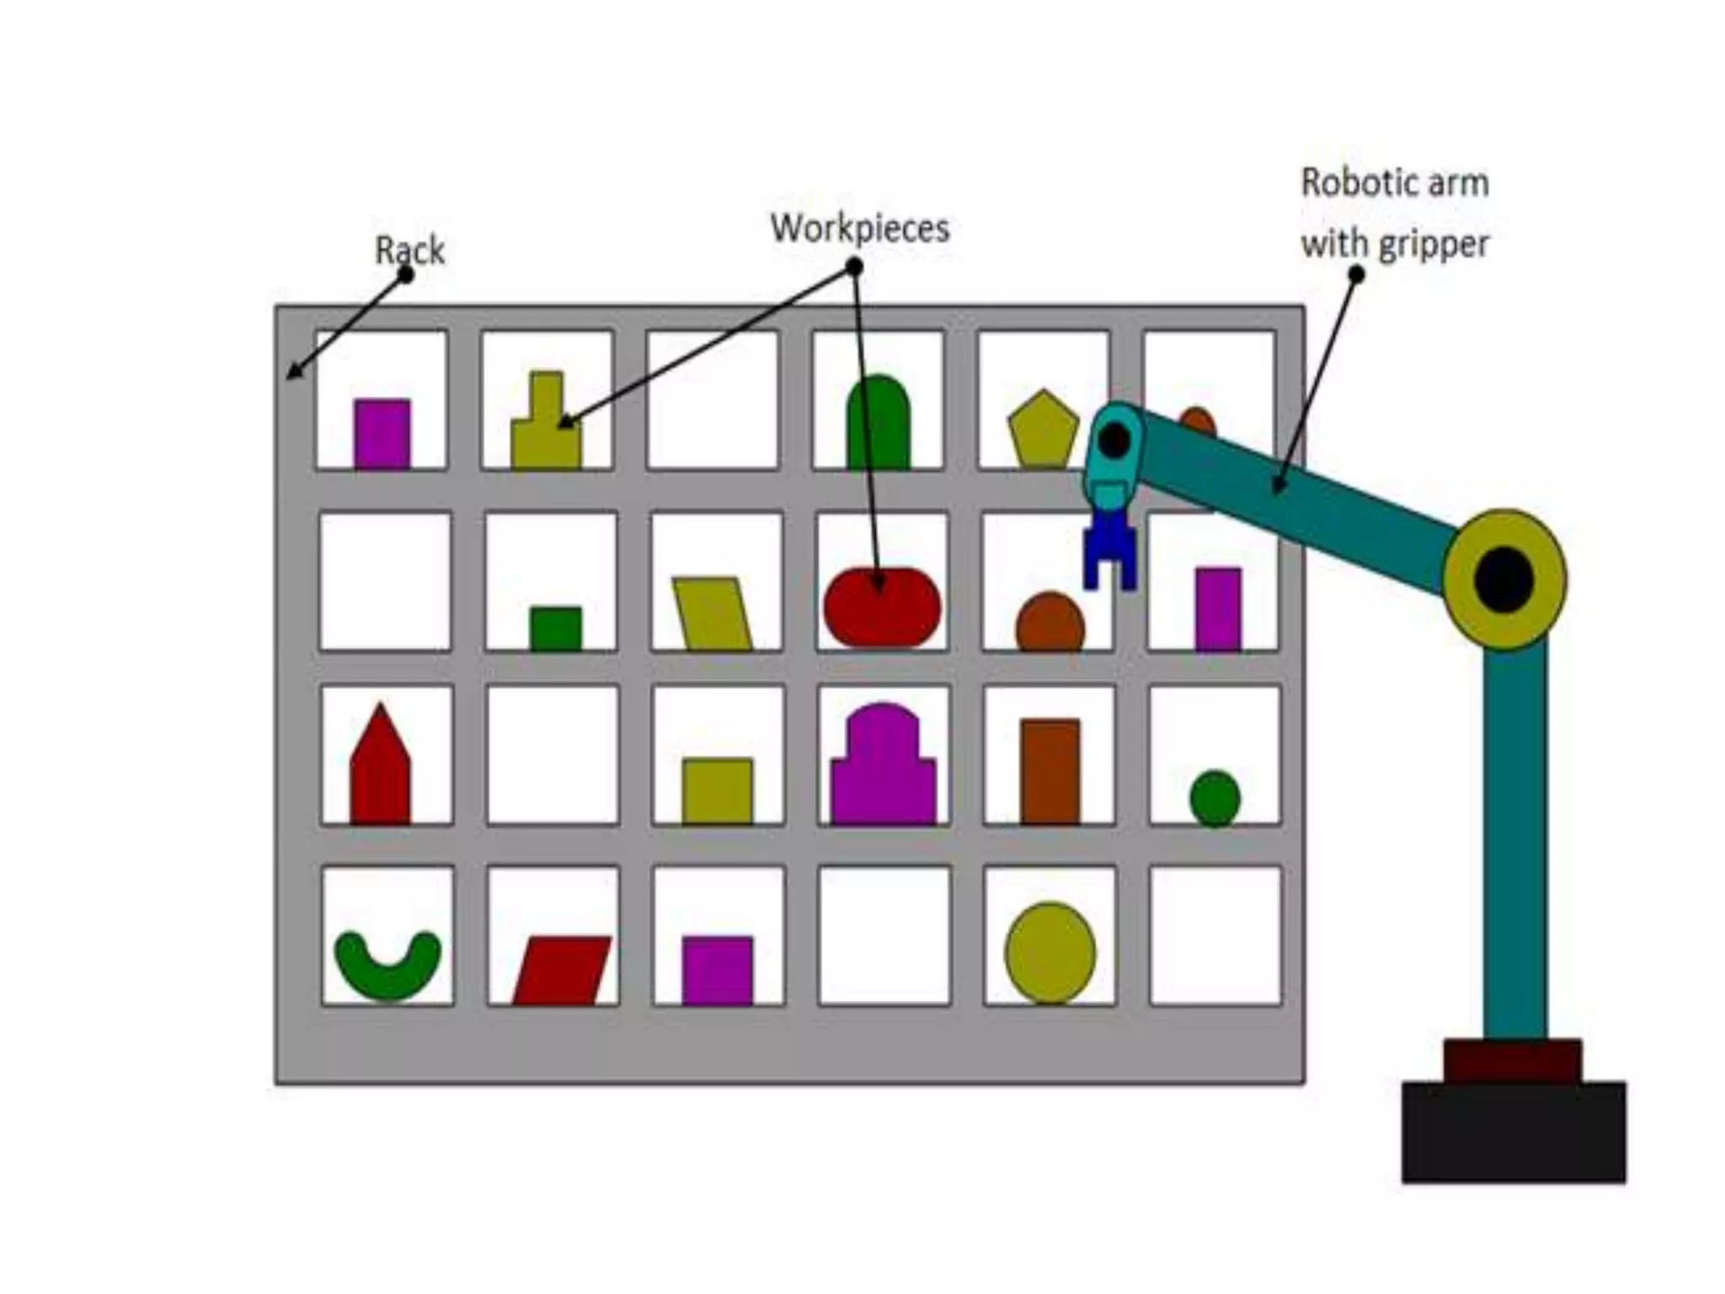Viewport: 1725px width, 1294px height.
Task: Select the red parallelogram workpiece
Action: click(561, 970)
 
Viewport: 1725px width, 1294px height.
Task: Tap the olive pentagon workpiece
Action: click(1043, 430)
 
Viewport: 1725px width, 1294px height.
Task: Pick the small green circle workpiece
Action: click(1215, 797)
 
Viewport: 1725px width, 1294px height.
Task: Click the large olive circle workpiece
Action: click(1049, 953)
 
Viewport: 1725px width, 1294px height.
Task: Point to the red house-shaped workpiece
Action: click(380, 771)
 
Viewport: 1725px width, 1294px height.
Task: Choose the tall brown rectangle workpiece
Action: click(1049, 771)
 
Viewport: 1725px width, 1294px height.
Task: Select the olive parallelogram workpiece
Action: click(713, 613)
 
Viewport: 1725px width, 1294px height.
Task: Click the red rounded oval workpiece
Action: click(882, 607)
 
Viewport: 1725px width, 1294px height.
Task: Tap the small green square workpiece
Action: click(555, 628)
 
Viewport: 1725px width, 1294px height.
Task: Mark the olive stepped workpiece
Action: click(547, 430)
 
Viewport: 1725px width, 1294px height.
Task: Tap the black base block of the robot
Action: click(1514, 1132)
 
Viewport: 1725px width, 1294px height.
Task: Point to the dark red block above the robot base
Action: click(1512, 1061)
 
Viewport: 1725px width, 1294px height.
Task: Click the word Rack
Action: click(409, 250)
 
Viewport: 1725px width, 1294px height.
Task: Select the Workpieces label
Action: click(860, 228)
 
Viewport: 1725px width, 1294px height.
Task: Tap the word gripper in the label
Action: click(1433, 245)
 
